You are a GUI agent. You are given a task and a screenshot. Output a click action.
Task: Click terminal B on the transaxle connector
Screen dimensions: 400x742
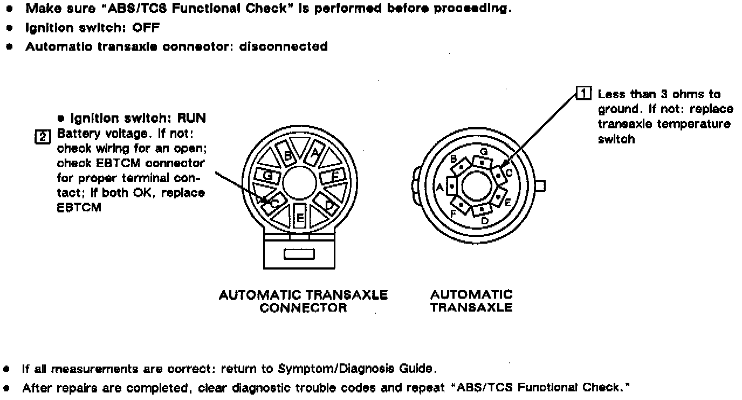[287, 155]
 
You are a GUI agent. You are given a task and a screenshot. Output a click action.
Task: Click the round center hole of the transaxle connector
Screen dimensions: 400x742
[300, 183]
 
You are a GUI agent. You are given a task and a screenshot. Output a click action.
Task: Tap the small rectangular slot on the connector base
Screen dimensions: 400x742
[299, 254]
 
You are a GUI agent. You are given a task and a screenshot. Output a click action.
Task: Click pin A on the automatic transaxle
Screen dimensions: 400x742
[451, 187]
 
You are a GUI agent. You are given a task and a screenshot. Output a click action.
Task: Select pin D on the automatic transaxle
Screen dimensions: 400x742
[481, 208]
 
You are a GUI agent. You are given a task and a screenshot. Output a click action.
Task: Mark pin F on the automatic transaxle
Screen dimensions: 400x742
[462, 204]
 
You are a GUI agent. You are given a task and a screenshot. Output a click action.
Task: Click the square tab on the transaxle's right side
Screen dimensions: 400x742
[541, 186]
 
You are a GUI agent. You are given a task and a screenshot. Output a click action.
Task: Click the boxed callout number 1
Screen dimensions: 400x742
[584, 94]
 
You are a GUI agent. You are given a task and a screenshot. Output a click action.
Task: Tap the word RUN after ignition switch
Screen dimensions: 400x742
[191, 118]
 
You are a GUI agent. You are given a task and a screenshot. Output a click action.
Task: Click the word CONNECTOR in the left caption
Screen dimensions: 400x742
[303, 308]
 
